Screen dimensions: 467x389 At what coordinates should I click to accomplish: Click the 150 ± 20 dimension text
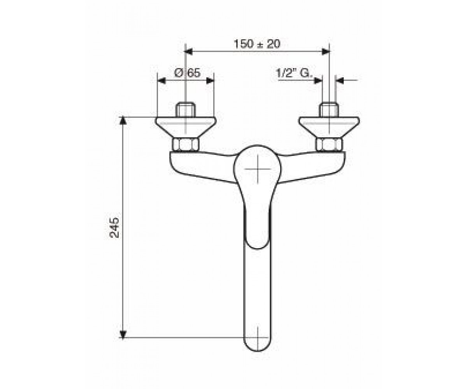pos(257,44)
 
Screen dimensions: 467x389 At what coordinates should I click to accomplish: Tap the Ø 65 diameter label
pos(187,73)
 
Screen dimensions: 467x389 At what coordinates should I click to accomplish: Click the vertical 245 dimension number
pos(114,228)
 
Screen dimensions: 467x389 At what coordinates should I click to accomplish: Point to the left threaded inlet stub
pos(185,110)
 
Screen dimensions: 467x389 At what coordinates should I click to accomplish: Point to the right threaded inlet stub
pos(328,110)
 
